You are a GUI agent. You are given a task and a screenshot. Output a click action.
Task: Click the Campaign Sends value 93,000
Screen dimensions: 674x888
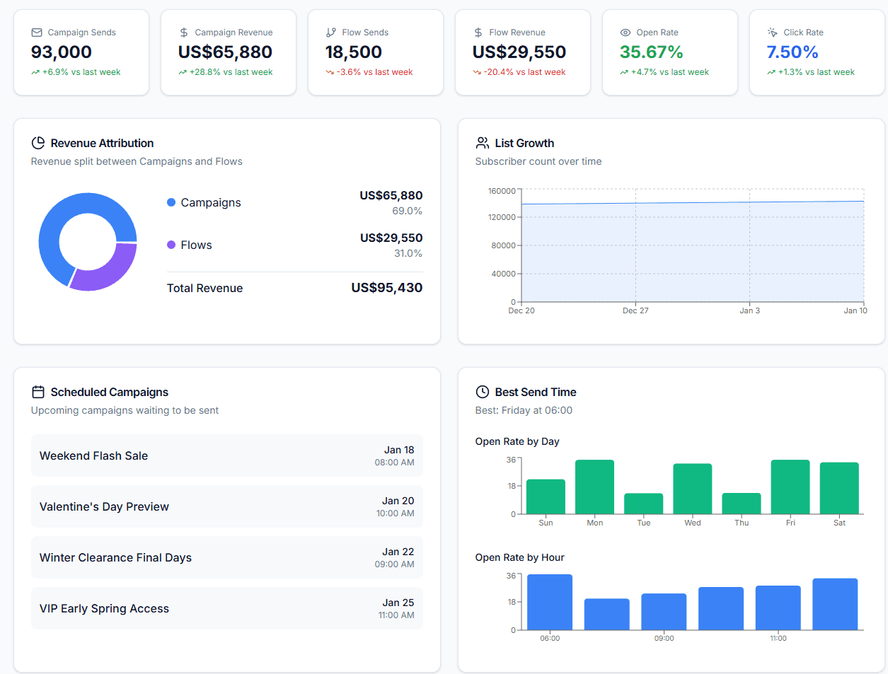(x=62, y=52)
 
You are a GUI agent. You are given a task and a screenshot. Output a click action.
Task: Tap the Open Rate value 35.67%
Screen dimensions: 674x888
(x=651, y=52)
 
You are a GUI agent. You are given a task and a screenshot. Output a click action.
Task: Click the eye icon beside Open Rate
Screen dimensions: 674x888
(x=625, y=33)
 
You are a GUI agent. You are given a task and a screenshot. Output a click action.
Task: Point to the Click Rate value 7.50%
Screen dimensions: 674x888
(x=792, y=52)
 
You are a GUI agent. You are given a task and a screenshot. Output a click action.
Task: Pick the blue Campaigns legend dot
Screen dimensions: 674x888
(x=171, y=202)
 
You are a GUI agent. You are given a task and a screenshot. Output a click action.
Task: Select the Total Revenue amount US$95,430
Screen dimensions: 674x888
(x=386, y=288)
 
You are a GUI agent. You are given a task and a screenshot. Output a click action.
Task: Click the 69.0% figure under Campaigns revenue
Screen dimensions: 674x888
(x=407, y=211)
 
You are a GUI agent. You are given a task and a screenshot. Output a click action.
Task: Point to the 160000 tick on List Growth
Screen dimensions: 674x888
(x=502, y=191)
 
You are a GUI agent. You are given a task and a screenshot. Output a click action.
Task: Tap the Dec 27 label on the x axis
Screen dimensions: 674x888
(x=635, y=310)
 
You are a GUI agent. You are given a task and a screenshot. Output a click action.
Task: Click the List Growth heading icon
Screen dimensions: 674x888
(x=483, y=143)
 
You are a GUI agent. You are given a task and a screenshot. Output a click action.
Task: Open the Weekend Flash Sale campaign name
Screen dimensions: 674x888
(x=93, y=456)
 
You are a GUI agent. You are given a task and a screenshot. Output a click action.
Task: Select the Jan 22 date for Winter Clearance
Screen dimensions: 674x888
(x=398, y=552)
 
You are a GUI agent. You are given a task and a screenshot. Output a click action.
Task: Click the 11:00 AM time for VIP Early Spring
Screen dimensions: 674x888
(x=396, y=615)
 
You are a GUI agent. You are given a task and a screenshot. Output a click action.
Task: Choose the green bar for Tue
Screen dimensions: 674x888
(x=643, y=504)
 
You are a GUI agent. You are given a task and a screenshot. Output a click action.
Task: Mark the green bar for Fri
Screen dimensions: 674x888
(x=790, y=487)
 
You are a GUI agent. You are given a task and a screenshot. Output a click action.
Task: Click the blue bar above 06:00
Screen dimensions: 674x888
(x=550, y=602)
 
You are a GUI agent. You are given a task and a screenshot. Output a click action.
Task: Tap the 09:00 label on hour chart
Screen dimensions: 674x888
(x=664, y=638)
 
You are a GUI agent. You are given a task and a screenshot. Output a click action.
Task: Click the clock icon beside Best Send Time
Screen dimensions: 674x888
(x=483, y=392)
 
